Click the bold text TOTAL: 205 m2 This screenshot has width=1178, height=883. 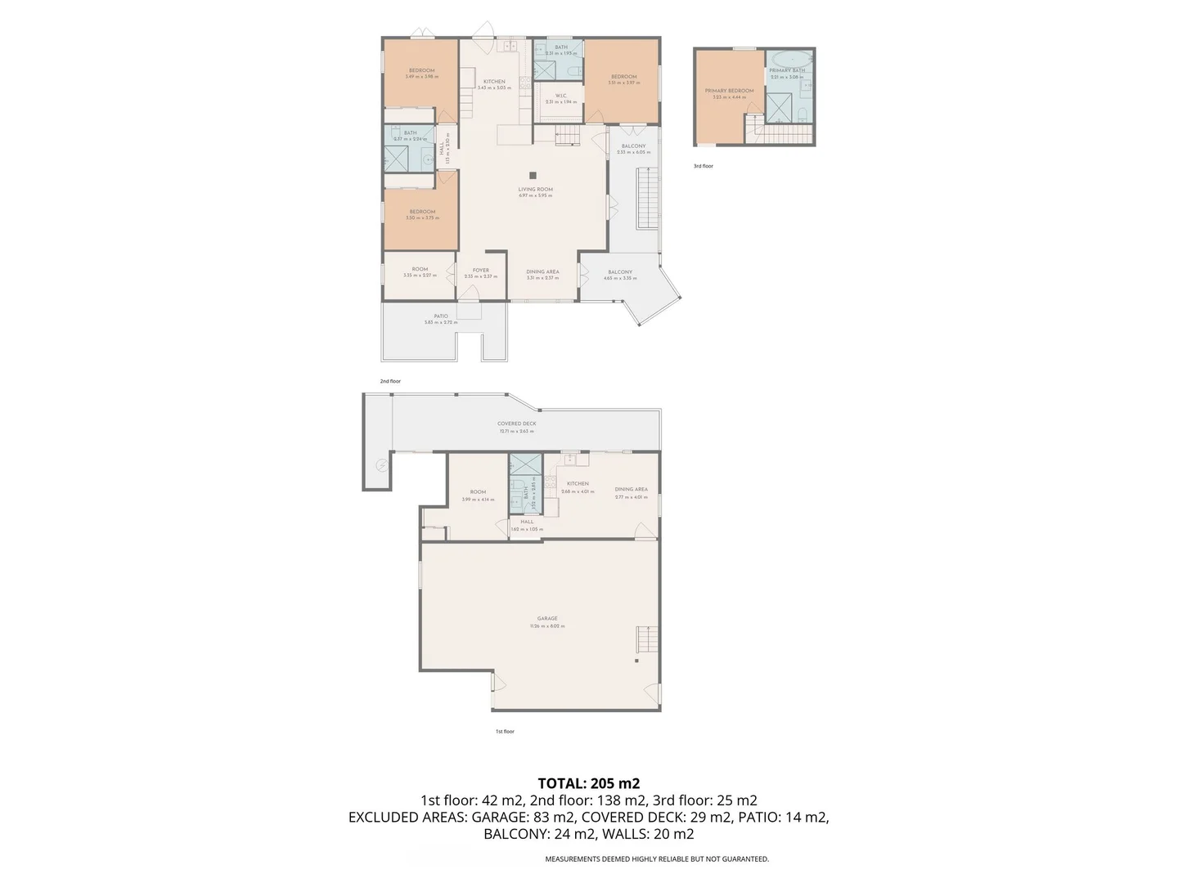588,783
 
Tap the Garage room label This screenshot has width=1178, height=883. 547,619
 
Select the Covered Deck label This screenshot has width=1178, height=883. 516,424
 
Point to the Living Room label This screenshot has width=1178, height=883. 535,190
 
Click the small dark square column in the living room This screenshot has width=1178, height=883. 533,175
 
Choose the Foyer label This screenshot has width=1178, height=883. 481,271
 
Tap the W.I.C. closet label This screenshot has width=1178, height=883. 561,96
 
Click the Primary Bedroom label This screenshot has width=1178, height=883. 729,91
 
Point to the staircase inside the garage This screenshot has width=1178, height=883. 647,639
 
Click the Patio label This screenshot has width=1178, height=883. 441,316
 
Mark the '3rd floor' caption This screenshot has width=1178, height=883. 704,166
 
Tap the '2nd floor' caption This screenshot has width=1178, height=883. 390,381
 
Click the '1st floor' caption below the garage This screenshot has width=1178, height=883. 505,732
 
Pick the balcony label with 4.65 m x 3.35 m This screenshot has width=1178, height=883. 620,273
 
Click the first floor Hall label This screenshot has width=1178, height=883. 527,522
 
